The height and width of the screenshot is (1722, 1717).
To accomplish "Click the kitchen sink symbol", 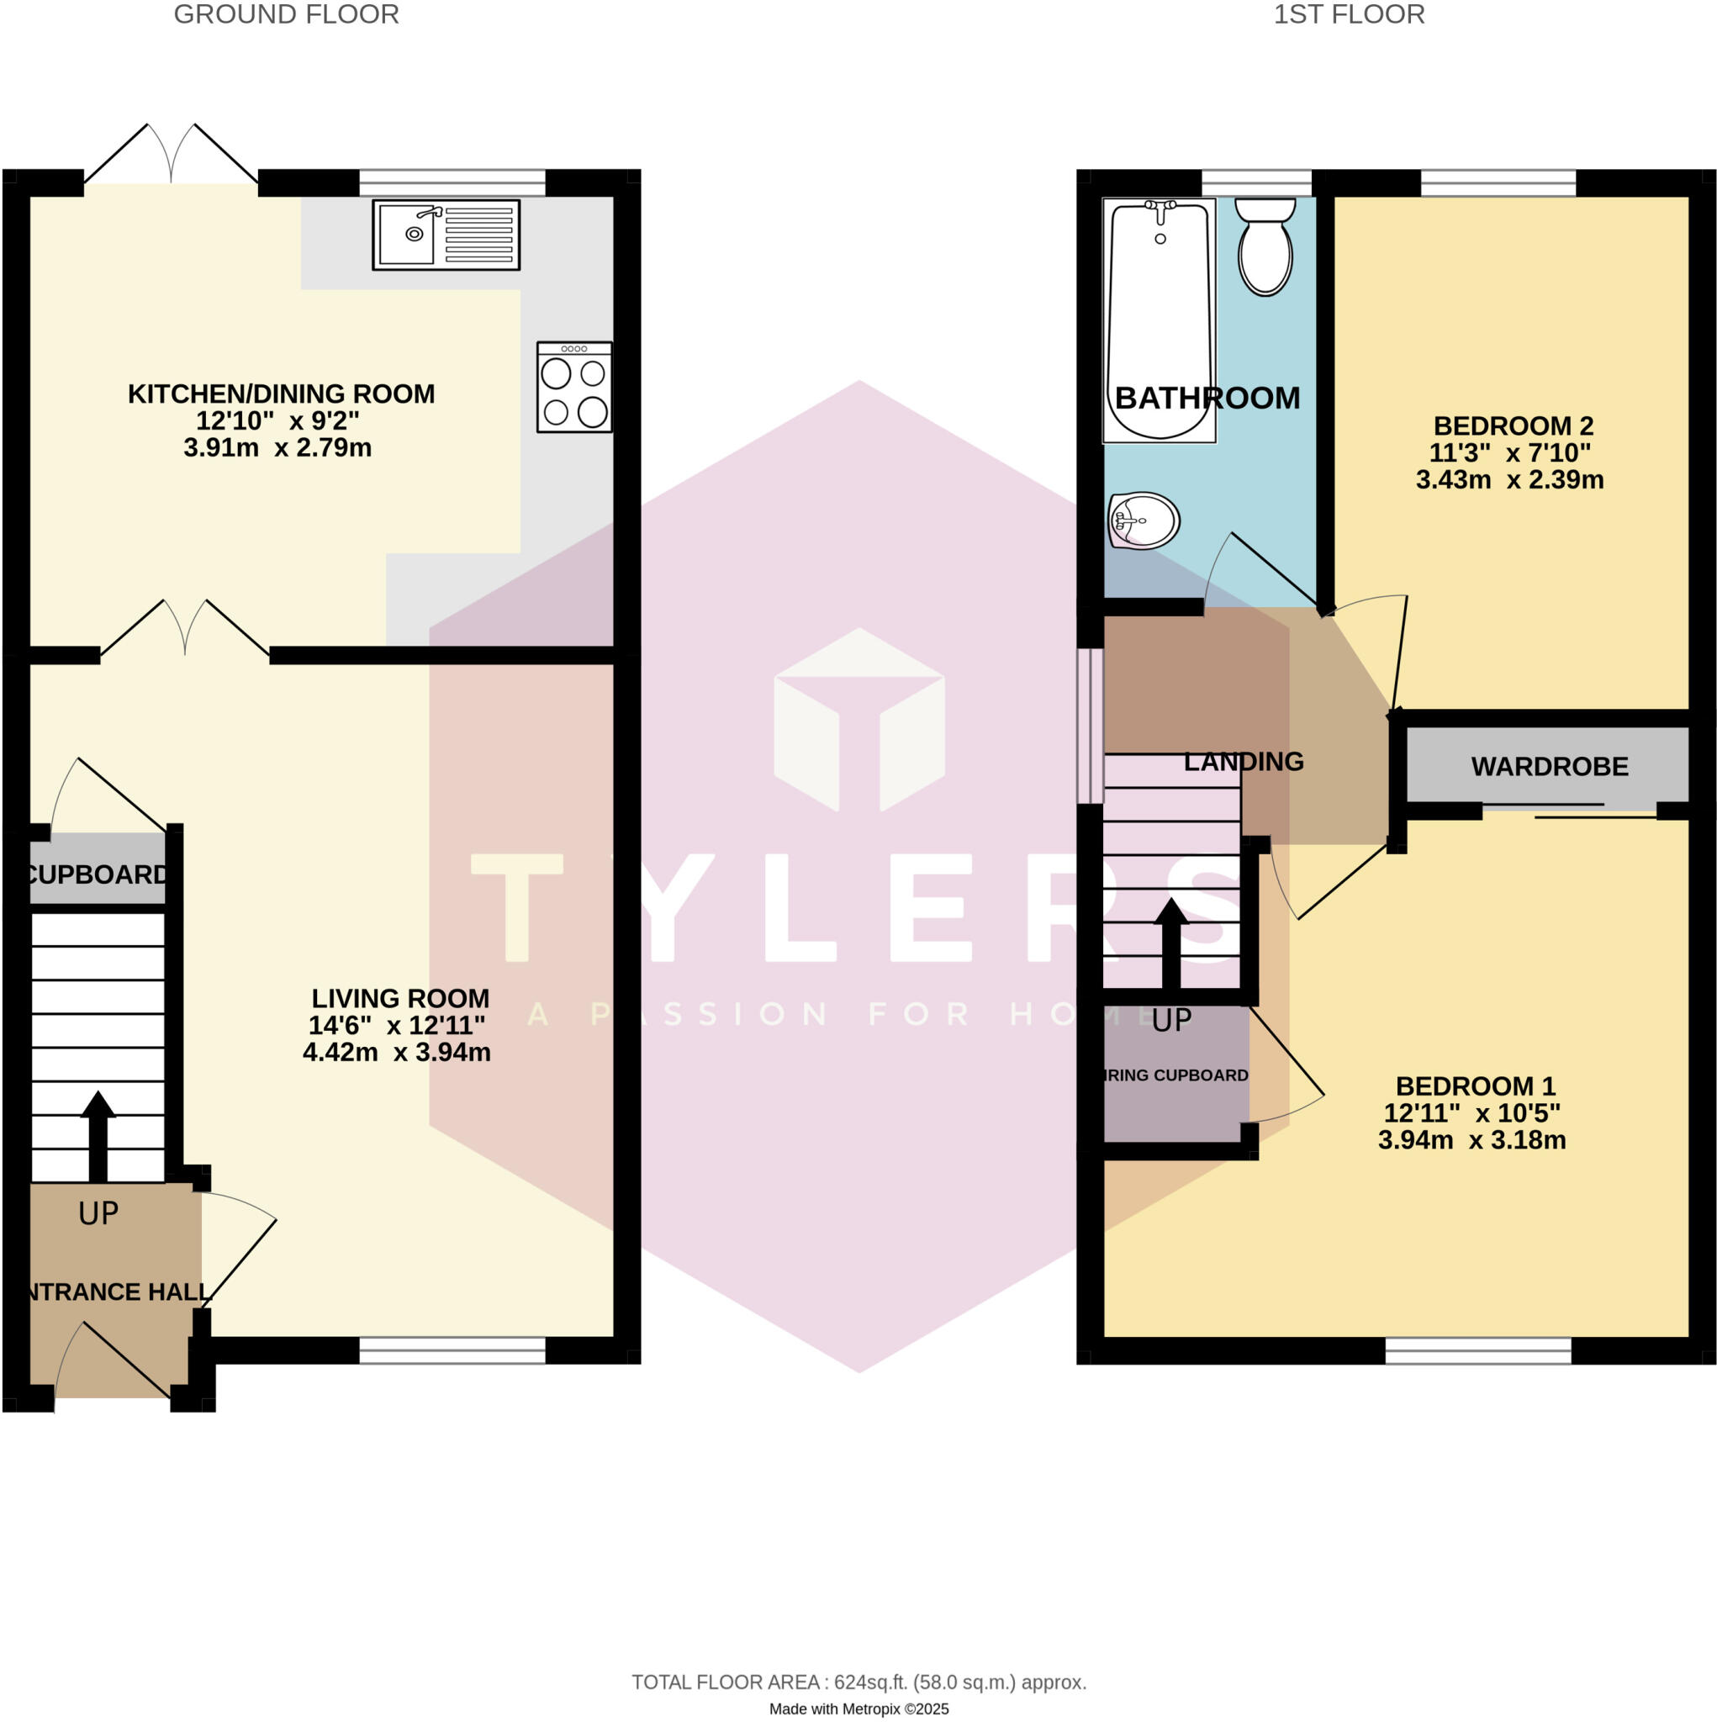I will pos(446,235).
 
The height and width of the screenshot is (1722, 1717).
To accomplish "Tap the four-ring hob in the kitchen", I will pos(574,387).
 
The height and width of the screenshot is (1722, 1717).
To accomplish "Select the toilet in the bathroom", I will pos(1265,246).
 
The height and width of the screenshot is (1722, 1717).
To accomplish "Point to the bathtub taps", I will pos(1160,209).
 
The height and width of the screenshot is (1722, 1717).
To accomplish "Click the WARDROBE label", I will pos(1549,767).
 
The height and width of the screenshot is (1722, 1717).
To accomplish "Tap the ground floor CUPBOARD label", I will pos(98,874).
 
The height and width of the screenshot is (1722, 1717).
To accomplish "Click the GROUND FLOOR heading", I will pos(286,14).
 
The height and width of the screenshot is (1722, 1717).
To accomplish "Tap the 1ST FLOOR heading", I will pos(1348,14).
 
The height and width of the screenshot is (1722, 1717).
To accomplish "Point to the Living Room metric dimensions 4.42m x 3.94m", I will pos(397,1053).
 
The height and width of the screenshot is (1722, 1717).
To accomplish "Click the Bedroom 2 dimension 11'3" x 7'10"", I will pos(1509,453).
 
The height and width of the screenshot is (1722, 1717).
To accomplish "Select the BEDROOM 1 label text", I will pos(1475,1085).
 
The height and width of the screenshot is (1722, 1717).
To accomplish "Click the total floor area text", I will pos(858,1682).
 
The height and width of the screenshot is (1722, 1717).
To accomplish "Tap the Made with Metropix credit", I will pos(858,1709).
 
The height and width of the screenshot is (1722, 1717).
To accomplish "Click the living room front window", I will pos(452,1350).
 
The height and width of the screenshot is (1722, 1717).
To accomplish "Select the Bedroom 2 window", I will pos(1498,182).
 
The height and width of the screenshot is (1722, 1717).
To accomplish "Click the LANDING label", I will pos(1243,761).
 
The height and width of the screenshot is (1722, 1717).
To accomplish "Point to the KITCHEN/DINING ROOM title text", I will pos(281,394).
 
